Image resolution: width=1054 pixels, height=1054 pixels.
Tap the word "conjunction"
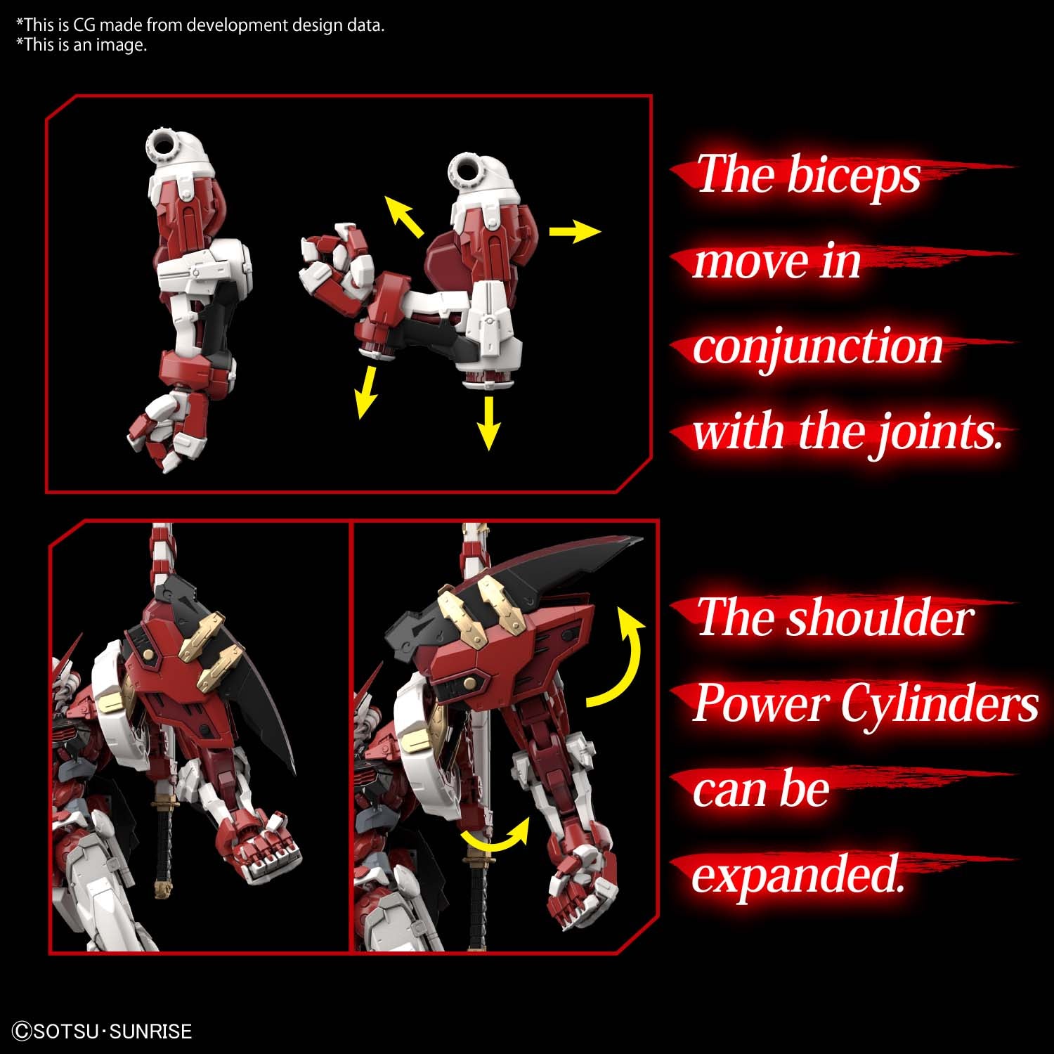pos(817,347)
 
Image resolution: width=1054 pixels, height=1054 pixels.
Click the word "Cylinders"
pos(939,704)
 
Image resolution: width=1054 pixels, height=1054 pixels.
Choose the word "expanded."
pos(798,876)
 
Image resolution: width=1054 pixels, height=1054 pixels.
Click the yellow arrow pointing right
pos(574,231)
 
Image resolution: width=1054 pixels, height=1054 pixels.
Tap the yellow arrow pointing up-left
pos(405,216)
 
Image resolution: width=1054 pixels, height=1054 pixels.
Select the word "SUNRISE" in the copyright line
pos(150,1031)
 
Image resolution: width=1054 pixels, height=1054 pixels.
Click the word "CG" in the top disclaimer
pos(84,25)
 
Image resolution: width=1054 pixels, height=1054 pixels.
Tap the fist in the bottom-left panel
pos(267,843)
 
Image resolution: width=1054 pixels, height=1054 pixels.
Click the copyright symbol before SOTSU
pos(22,1031)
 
